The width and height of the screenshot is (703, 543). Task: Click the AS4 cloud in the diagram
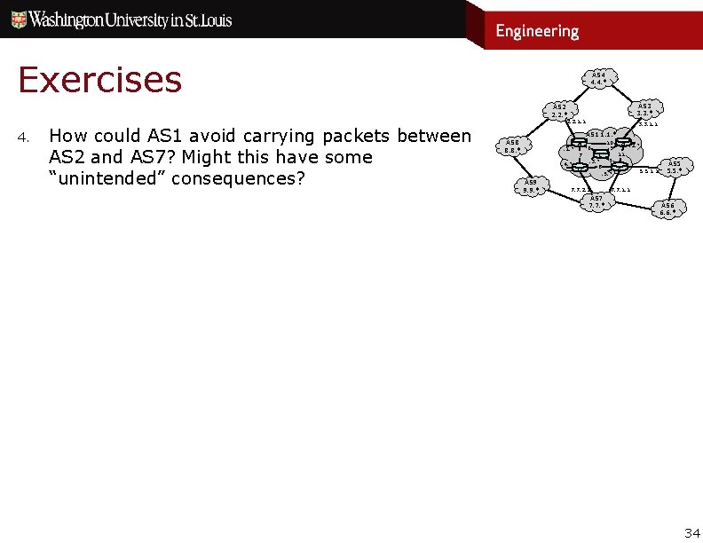click(x=598, y=78)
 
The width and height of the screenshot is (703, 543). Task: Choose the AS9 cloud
click(x=531, y=185)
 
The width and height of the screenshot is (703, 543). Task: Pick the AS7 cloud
click(x=597, y=201)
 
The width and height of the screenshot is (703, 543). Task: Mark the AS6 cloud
click(x=667, y=209)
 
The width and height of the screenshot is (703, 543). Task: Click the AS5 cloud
click(x=674, y=167)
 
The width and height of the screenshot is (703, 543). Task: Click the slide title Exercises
click(x=99, y=80)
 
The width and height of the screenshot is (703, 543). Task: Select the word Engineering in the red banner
click(x=536, y=31)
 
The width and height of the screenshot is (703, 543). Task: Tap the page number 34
click(x=691, y=532)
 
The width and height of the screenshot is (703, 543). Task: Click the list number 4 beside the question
click(x=25, y=138)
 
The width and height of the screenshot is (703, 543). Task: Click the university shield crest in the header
click(x=17, y=19)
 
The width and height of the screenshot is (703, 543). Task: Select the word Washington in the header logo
click(x=72, y=20)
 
